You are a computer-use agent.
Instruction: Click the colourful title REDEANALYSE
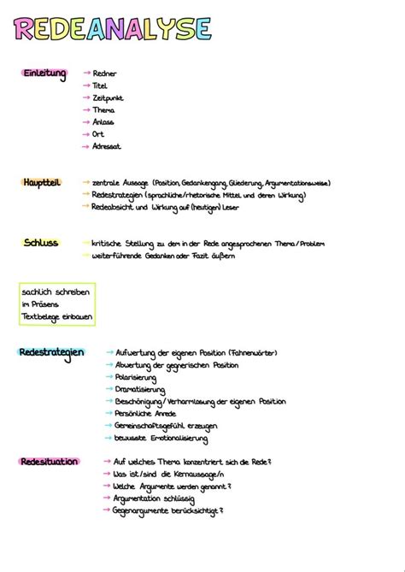pos(112,31)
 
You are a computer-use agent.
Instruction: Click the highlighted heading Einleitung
pos(44,74)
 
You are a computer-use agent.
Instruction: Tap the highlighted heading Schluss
pos(41,243)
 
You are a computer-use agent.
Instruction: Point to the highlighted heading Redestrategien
pos(51,352)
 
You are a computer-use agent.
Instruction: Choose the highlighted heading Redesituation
pos(49,462)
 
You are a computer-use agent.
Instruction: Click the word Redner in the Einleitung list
pos(104,74)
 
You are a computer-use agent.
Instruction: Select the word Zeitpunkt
pos(109,98)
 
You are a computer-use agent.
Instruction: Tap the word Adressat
pos(107,146)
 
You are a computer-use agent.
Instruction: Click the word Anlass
pos(103,122)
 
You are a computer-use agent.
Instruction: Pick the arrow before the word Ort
pos(85,134)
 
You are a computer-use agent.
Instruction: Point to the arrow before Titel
pos(85,86)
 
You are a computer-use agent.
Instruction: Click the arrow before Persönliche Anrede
pos(108,413)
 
